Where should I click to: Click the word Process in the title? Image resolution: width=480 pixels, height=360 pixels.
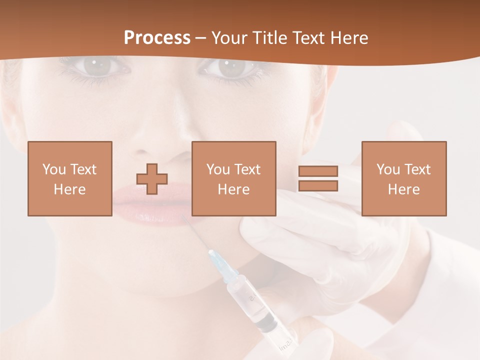click(x=157, y=37)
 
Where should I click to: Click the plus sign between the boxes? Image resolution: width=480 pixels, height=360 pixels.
click(x=152, y=179)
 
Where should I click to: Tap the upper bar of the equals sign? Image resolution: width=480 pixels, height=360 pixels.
click(x=318, y=171)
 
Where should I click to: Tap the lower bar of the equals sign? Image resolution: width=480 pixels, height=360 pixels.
click(x=318, y=186)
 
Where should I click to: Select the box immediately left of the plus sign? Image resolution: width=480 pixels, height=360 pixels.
click(x=70, y=179)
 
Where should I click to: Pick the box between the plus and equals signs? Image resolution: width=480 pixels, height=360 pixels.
click(x=234, y=179)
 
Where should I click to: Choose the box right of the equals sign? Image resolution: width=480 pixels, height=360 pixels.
click(x=404, y=179)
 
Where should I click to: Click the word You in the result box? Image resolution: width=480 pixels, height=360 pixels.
click(x=388, y=169)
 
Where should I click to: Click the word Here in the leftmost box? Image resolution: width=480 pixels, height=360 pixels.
click(x=70, y=189)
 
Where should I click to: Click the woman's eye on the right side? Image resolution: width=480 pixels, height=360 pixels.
click(x=230, y=67)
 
